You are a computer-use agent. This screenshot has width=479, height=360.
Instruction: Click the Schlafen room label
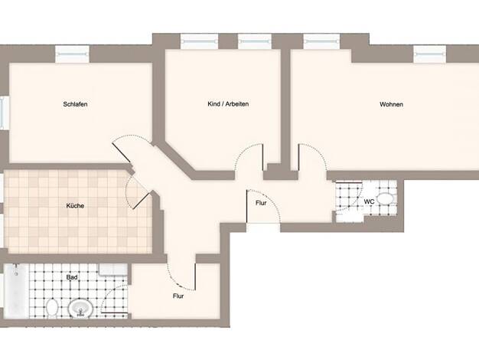point(75,104)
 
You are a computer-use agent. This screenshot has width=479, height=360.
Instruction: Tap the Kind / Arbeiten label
point(228,104)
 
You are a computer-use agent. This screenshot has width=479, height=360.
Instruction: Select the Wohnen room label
point(391,104)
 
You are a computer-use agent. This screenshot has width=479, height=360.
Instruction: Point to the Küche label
point(75,205)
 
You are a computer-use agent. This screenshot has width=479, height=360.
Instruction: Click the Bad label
point(72,277)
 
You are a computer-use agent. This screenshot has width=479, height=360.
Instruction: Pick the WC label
point(369,202)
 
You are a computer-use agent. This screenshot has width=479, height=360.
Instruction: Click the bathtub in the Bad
point(17,291)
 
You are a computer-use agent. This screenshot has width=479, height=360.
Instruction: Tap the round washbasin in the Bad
point(80,309)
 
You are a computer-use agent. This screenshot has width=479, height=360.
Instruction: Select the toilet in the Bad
point(53,307)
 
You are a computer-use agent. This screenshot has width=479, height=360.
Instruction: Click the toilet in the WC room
point(385,199)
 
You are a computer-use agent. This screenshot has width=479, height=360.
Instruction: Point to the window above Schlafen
point(73,54)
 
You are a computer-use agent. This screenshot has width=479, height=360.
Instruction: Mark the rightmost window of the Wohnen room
point(430,54)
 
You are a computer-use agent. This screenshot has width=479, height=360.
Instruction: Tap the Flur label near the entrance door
point(261,203)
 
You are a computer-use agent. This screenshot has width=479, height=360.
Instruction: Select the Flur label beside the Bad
point(178,296)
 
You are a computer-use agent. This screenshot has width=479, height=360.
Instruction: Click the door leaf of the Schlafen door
point(121,153)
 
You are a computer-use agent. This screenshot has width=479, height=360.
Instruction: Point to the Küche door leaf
point(141,201)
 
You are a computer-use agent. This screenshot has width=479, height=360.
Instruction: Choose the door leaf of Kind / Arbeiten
point(262,157)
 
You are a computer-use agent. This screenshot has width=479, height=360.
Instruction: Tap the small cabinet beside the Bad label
point(113,270)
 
